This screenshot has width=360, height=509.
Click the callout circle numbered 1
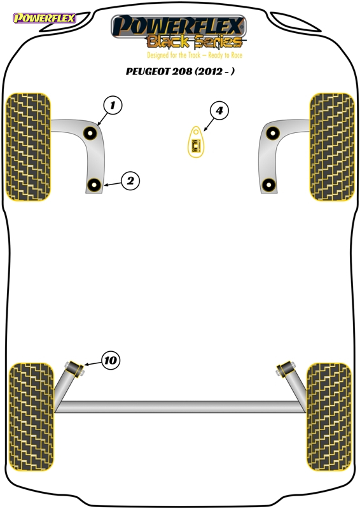point(113,105)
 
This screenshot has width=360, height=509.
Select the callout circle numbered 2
point(130,181)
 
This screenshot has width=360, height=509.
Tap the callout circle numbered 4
point(219,110)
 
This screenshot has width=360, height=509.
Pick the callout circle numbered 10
point(111,360)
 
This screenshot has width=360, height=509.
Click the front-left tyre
point(29,147)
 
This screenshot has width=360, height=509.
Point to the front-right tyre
point(332,147)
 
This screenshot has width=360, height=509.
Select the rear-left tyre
point(31,417)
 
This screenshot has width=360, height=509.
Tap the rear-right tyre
point(329,417)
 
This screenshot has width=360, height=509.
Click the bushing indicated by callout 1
point(90,133)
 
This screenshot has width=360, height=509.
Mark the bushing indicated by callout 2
point(94,185)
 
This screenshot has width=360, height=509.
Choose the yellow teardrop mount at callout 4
point(196,142)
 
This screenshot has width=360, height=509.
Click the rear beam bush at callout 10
point(74,369)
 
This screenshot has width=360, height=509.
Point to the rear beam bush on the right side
point(286,369)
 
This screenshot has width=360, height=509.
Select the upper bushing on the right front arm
point(273,133)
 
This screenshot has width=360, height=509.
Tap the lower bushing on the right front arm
point(269,185)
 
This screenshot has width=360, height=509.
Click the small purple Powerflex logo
point(44,18)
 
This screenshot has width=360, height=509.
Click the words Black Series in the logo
point(195,41)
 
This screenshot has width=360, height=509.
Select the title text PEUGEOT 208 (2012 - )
point(180,71)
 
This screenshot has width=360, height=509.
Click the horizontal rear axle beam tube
point(180,407)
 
